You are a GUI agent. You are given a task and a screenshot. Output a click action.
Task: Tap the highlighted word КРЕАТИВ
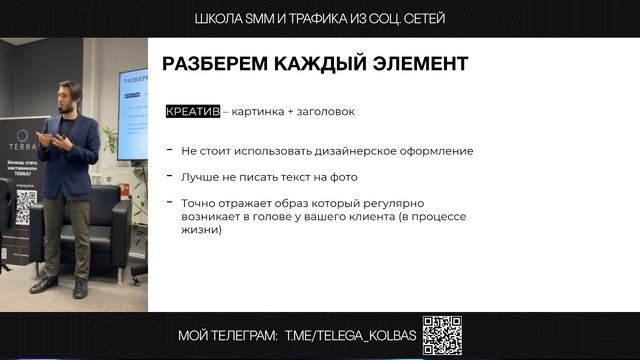click(193, 112)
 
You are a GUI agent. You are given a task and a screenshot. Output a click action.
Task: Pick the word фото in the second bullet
click(343, 177)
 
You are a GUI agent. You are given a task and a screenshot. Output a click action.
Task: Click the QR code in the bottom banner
click(442, 336)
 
